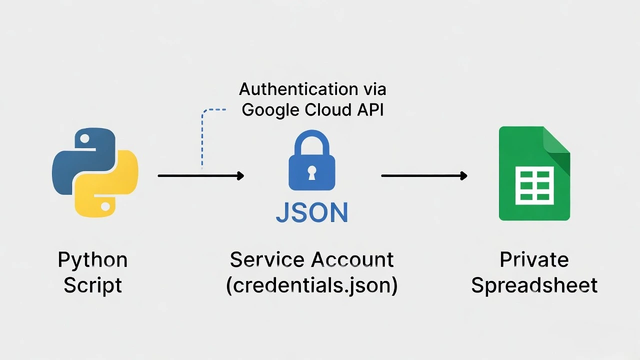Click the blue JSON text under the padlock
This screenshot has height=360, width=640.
click(x=311, y=212)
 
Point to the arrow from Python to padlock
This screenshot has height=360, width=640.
click(x=200, y=175)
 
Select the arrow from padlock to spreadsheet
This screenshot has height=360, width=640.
click(x=424, y=175)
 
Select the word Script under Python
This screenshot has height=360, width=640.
click(x=92, y=285)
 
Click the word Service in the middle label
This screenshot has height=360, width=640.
click(x=267, y=260)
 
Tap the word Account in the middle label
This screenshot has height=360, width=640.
click(x=352, y=260)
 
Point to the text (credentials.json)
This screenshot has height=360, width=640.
click(x=311, y=285)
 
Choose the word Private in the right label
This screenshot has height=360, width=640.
click(x=534, y=260)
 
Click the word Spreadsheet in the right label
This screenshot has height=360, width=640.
click(x=534, y=285)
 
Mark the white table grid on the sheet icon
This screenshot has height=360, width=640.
click(x=534, y=185)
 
